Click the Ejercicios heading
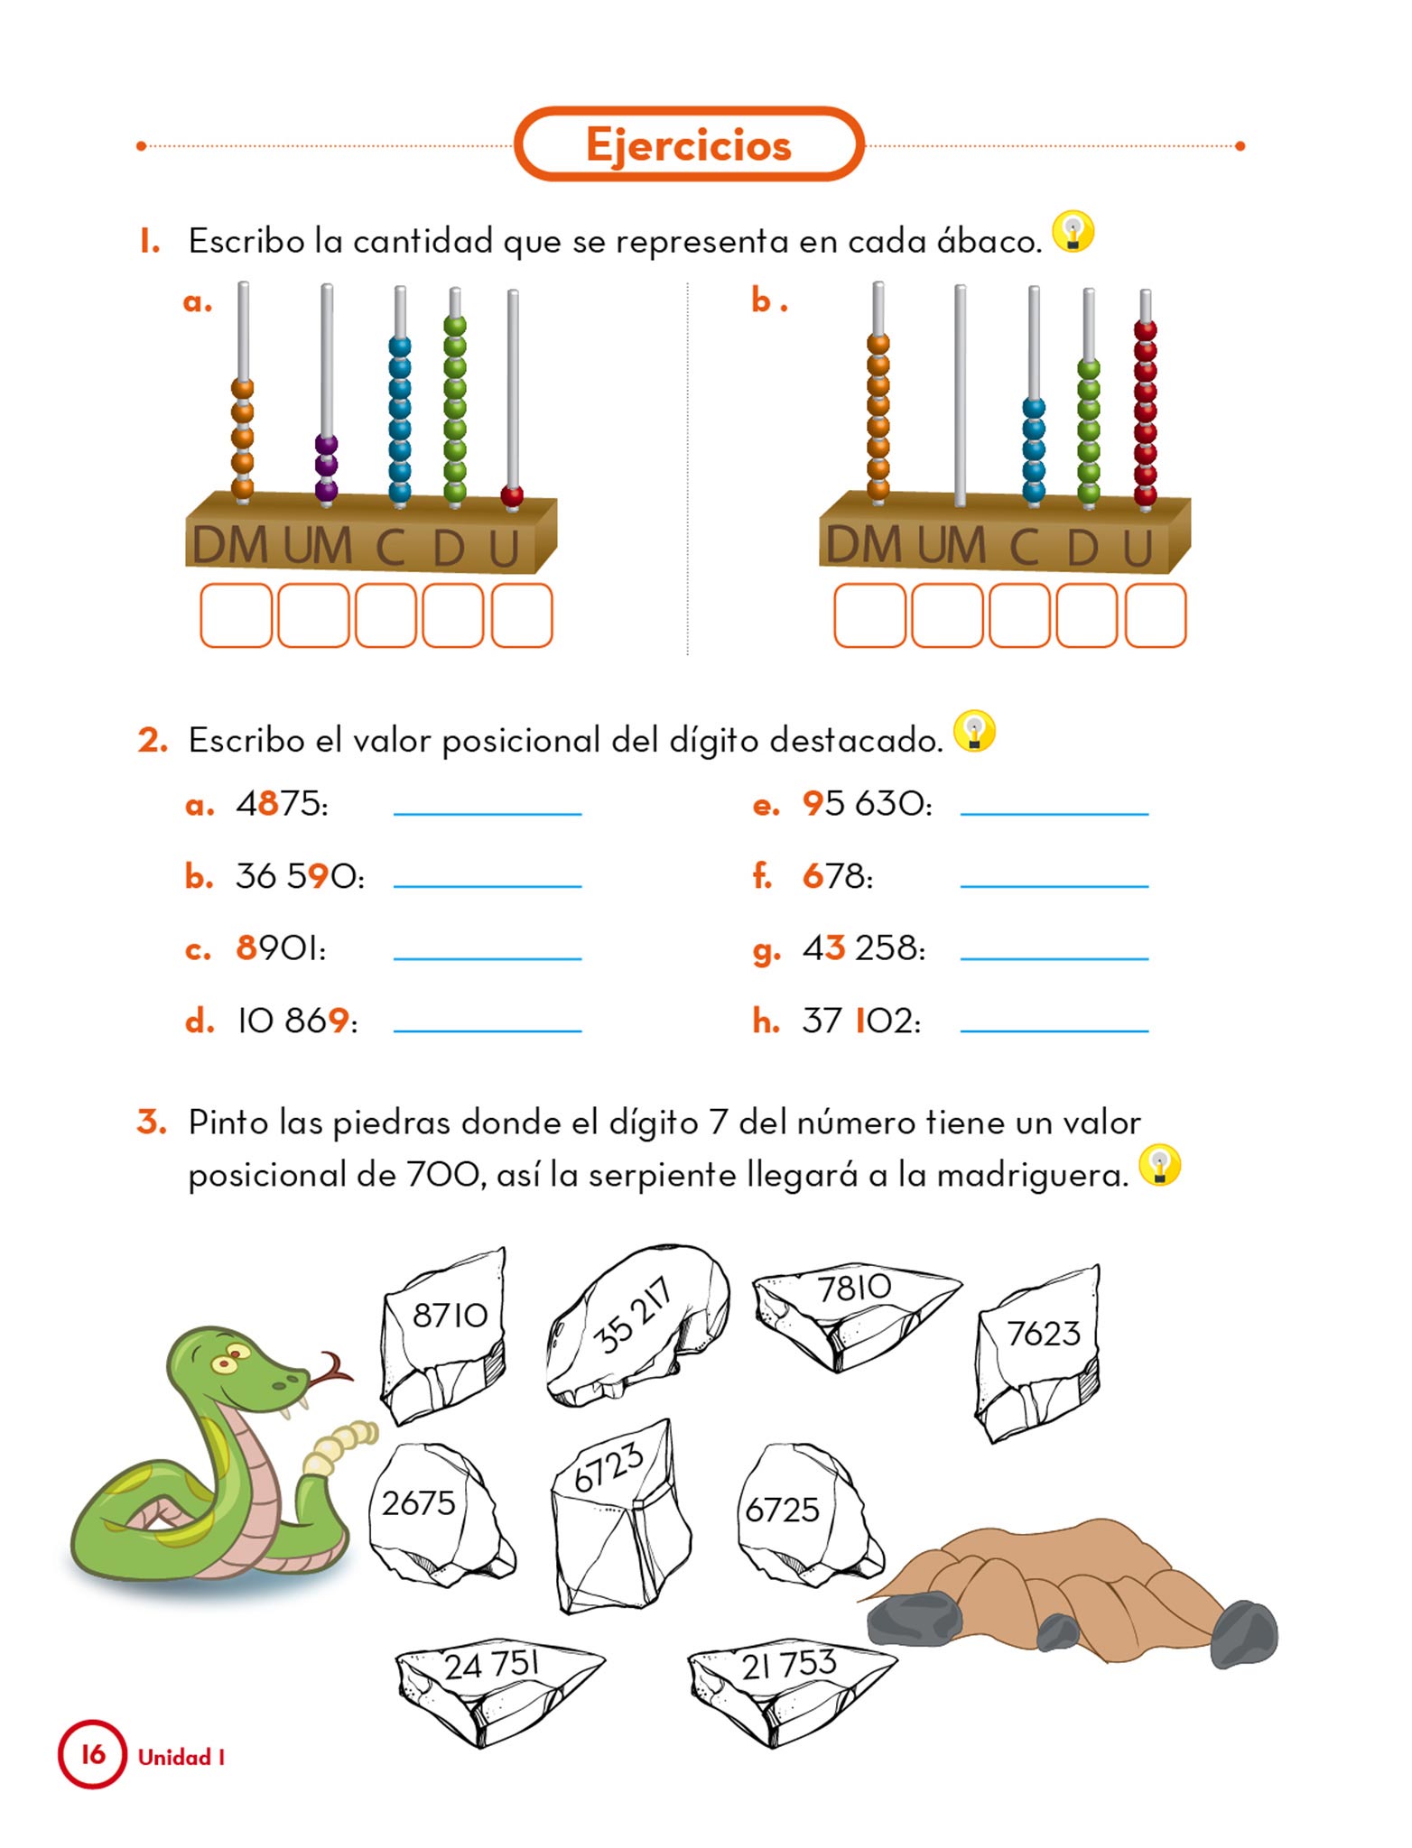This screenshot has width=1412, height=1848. click(689, 145)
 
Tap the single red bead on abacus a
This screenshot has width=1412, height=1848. click(512, 495)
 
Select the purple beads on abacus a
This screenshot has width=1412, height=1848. click(326, 468)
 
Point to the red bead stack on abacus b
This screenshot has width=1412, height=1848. click(1145, 412)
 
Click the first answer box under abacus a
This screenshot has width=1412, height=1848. click(236, 615)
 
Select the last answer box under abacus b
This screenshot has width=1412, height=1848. click(1156, 615)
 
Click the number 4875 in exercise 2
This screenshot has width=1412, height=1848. click(282, 803)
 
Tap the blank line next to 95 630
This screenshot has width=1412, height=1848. click(1054, 814)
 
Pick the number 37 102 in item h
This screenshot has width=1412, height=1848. click(861, 1021)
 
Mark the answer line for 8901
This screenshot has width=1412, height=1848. click(488, 958)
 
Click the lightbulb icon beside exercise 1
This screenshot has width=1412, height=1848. click(1073, 232)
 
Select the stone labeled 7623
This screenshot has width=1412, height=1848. click(1038, 1351)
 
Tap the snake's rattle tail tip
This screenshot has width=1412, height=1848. click(367, 1432)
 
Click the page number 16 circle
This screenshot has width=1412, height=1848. click(92, 1755)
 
